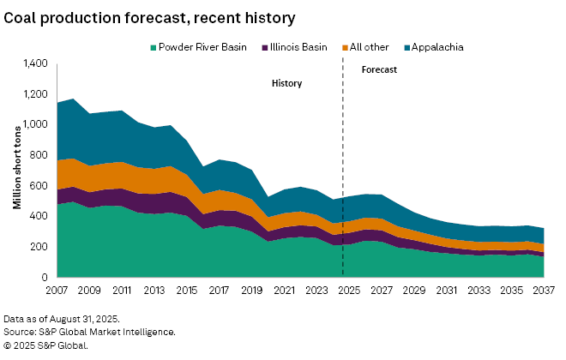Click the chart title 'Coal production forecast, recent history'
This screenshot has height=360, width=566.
click(x=149, y=17)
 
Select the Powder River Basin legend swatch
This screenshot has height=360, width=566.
click(x=153, y=47)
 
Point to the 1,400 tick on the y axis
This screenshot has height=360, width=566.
click(x=35, y=63)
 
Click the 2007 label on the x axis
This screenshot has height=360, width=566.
click(x=57, y=291)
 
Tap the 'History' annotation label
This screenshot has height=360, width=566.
click(x=286, y=84)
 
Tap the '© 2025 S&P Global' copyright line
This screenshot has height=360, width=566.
click(x=45, y=345)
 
